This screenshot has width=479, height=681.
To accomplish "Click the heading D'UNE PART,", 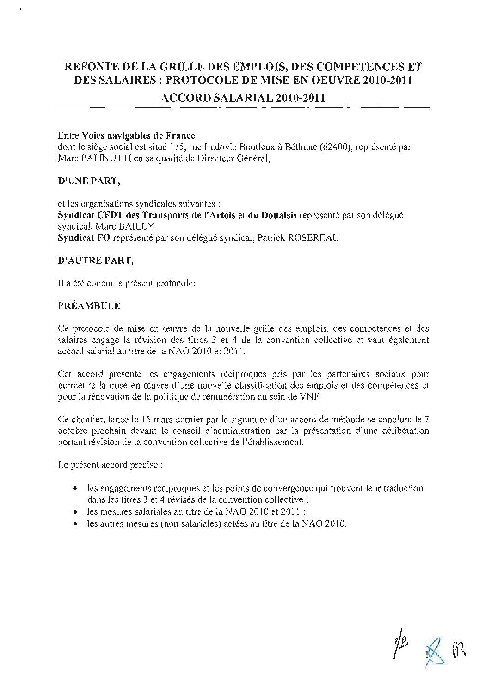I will click(x=89, y=181).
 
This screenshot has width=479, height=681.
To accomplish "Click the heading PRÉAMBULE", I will click(x=89, y=306).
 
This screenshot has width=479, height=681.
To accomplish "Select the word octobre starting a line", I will click(x=72, y=431).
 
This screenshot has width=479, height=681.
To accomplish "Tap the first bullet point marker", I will click(x=75, y=488).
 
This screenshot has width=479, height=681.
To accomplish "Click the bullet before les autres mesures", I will click(x=75, y=524).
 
